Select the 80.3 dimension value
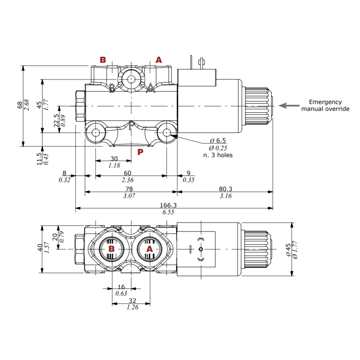(x=225, y=189)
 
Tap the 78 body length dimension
(x=129, y=189)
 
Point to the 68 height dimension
(x=20, y=105)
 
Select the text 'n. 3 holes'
(x=218, y=155)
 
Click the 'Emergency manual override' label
(x=325, y=105)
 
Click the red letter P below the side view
(x=140, y=152)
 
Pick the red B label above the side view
(x=103, y=60)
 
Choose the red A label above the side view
(x=158, y=60)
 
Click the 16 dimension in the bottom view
(x=121, y=287)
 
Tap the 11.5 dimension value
(x=40, y=158)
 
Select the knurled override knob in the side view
(x=258, y=106)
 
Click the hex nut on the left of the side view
(x=80, y=106)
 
